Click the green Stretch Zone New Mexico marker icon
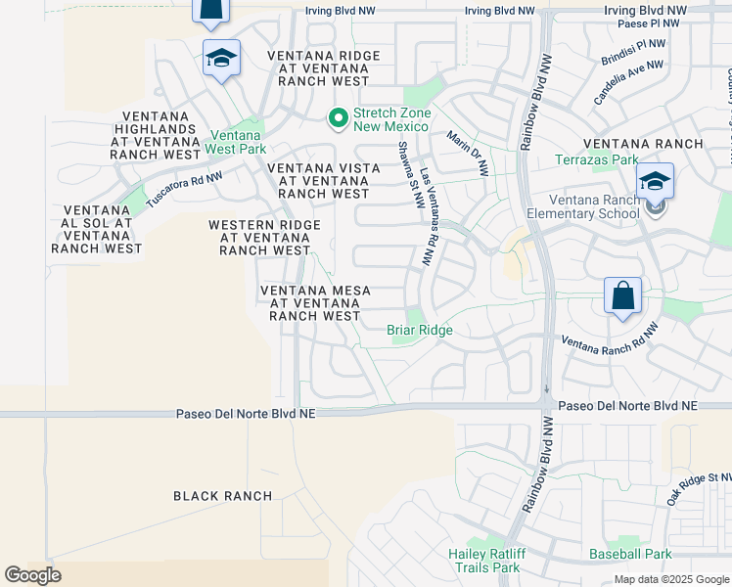coord(339,118)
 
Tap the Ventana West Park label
coord(236,143)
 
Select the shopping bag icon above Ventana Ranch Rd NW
coord(622,294)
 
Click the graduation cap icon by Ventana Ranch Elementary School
coord(655,181)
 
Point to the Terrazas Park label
coord(596,159)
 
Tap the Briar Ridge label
coord(420,331)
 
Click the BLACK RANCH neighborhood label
coord(222,496)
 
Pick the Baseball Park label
coord(630,554)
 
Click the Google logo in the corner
coord(33,575)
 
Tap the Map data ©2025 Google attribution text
coord(671,579)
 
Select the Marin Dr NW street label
coord(468,154)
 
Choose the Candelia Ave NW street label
coord(628,82)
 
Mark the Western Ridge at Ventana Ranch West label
coord(264,238)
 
